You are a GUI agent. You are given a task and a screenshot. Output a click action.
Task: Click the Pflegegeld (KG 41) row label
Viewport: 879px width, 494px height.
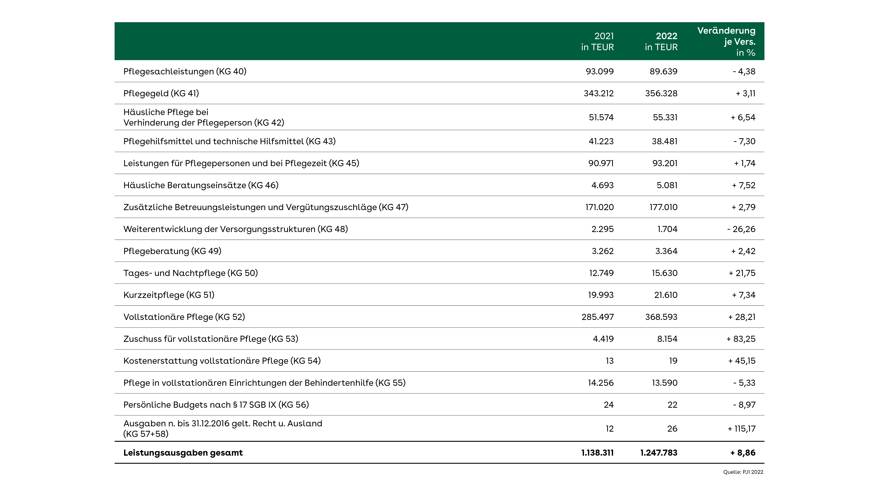click(x=161, y=93)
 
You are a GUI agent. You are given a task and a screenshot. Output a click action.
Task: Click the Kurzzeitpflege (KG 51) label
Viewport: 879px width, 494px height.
click(x=169, y=295)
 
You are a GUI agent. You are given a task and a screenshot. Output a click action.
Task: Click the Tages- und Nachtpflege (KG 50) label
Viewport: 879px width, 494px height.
click(x=190, y=273)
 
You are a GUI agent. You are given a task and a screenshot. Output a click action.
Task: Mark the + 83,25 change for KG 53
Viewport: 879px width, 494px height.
click(x=741, y=339)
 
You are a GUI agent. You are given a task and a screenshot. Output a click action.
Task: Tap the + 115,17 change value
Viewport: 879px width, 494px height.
click(x=741, y=429)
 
